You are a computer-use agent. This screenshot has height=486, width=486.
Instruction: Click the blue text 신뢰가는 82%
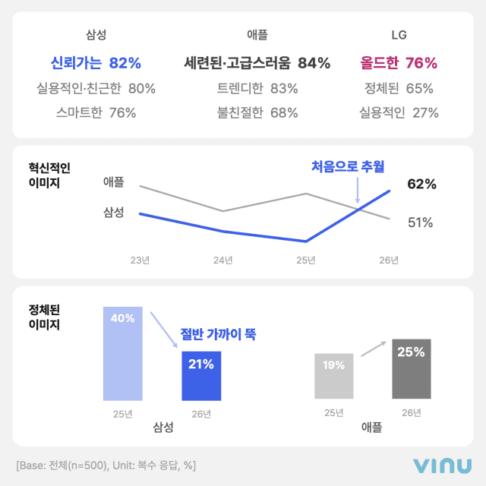click(x=96, y=62)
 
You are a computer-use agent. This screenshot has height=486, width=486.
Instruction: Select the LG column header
click(x=399, y=35)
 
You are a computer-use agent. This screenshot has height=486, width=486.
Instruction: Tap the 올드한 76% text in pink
click(x=399, y=62)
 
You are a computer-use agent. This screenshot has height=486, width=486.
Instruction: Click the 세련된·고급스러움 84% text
click(x=257, y=62)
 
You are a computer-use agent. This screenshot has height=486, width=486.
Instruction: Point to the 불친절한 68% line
click(x=257, y=113)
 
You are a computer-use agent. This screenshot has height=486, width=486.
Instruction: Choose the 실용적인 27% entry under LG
click(x=399, y=113)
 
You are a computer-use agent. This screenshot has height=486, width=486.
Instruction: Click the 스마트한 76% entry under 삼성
click(x=96, y=113)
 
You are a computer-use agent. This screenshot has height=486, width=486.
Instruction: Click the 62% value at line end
click(x=421, y=184)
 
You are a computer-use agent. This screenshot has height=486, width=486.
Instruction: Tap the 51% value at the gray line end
click(x=420, y=222)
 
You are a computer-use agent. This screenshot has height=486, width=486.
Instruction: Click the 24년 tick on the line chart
click(x=222, y=260)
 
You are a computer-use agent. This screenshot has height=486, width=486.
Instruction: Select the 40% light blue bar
click(x=122, y=354)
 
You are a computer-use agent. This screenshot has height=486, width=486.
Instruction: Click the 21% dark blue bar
click(x=201, y=375)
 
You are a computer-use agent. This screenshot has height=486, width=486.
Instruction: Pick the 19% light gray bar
click(x=333, y=377)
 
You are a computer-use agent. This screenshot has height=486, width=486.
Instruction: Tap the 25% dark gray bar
click(x=412, y=369)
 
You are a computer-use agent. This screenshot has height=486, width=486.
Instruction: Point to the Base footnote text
click(x=106, y=465)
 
